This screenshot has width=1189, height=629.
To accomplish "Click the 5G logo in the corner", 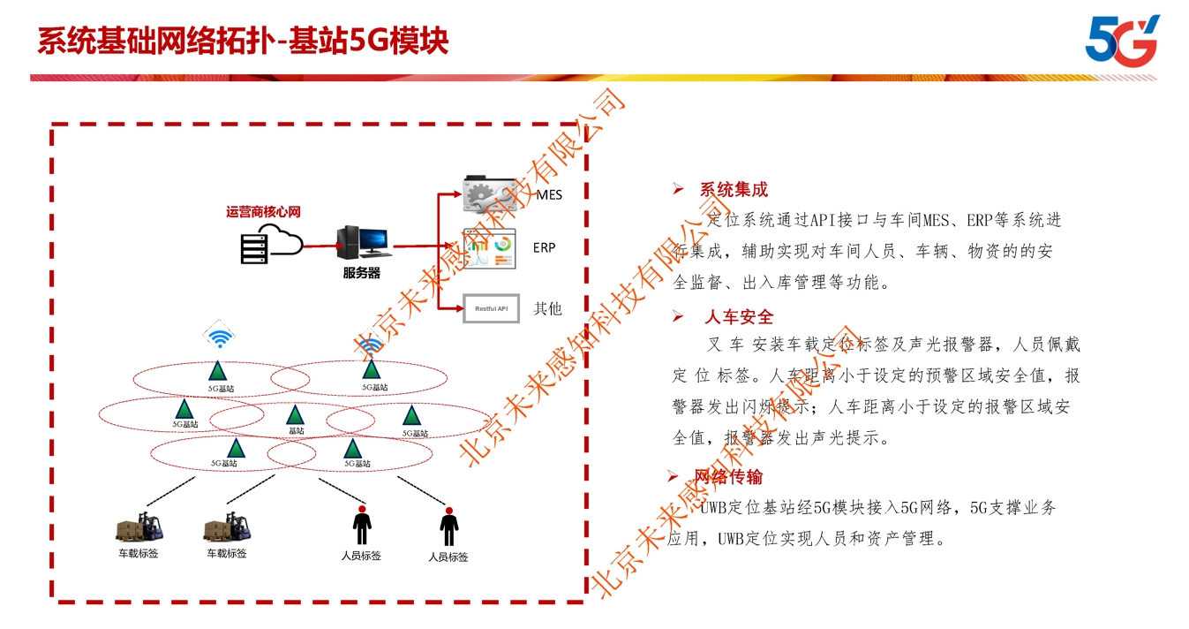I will point(1121,41).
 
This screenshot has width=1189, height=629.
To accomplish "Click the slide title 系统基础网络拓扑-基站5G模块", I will point(243,41).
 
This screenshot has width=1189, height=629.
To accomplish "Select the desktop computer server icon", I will point(362,243).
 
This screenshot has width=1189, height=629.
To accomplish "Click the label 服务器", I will point(361,274).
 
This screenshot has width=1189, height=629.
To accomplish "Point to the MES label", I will point(549,194).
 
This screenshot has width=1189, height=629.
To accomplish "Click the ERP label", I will point(545,247).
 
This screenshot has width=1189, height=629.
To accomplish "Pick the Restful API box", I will point(491,308).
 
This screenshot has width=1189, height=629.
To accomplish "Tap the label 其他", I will point(547,308).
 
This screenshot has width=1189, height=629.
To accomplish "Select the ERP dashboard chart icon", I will point(491,249).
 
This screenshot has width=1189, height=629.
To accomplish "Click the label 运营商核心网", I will point(263,212).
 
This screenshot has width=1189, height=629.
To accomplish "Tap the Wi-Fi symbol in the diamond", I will point(220,337).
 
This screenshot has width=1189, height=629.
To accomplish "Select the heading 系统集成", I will point(734,189).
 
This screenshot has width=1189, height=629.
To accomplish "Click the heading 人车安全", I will point(738,316).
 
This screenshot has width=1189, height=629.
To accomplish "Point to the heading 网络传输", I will point(728,477).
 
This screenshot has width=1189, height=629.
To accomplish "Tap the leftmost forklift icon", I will point(141,527).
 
